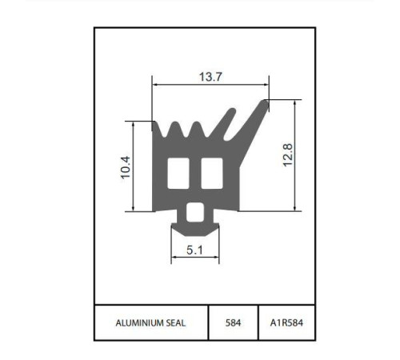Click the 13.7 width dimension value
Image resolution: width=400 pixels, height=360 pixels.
point(210,77)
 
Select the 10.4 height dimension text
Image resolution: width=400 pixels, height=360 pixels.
point(125,167)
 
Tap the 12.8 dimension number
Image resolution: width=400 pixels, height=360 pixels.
point(287,155)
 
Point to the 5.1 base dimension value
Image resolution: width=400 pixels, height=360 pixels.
point(194,250)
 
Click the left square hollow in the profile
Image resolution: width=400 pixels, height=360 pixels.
point(178,174)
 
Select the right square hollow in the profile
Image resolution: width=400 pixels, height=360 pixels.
point(212,174)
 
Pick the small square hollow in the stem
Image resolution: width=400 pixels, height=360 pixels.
point(195,212)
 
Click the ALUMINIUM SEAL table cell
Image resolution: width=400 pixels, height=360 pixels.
point(151,322)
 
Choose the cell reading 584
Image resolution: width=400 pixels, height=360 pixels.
point(233,322)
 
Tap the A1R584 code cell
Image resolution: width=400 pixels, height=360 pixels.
point(286,322)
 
